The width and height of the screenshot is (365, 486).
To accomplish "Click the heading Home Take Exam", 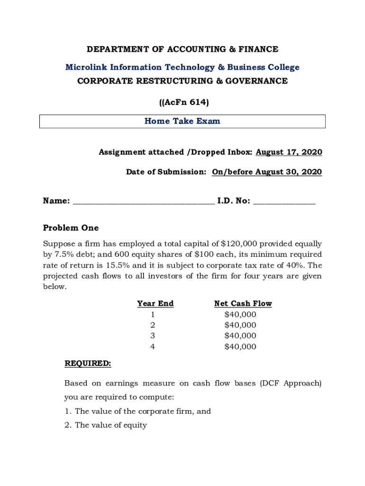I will (182, 121).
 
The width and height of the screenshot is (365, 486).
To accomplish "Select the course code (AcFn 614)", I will (182, 102).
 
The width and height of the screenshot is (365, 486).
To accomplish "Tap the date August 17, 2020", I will (289, 152).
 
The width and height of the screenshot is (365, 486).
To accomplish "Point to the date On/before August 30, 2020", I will (266, 172).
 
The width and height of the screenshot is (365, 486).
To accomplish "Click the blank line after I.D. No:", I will (284, 202).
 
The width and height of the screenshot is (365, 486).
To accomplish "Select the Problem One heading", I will (71, 228).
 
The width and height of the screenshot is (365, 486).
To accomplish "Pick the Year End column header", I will (155, 304).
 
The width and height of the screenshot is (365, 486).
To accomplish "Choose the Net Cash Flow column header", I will (243, 304).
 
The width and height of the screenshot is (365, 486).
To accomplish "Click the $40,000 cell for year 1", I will (240, 315).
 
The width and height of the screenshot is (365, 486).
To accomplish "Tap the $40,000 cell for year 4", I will (240, 347).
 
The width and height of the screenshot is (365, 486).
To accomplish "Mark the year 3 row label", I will (153, 336).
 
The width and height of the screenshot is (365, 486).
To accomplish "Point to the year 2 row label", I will (153, 326).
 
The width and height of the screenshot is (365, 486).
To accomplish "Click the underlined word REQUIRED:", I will (88, 364).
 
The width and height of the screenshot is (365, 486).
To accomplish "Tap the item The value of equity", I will (110, 425).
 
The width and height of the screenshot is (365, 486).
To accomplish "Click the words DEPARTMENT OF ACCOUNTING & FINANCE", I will (182, 49).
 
